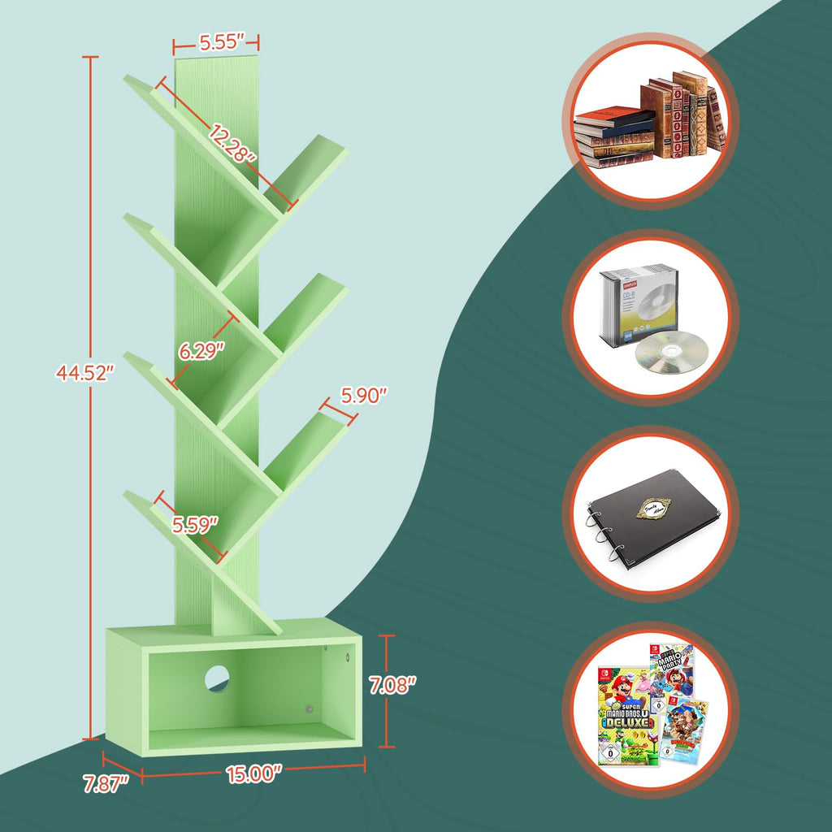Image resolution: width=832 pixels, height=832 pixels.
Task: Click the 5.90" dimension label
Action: point(364,396)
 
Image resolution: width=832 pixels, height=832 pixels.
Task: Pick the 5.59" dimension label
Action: point(195,525)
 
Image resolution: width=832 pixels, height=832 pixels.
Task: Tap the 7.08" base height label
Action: point(392,684)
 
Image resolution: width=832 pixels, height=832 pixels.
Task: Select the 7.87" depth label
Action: point(106,785)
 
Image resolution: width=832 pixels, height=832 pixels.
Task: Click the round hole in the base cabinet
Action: point(217,678)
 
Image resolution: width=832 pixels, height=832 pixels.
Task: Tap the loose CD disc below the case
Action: point(671,354)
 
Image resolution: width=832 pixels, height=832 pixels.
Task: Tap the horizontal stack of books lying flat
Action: point(614,138)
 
